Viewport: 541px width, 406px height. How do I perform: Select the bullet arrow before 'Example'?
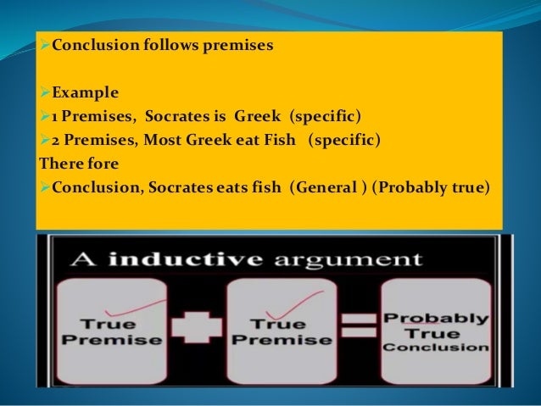44,90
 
